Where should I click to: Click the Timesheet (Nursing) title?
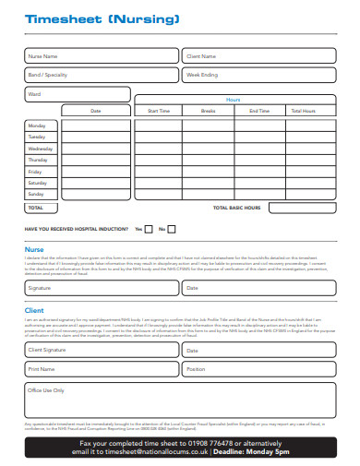click(x=89, y=18)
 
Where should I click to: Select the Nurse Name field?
click(x=101, y=56)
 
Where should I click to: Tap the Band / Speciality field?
click(x=101, y=75)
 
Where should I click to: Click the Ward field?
click(x=77, y=94)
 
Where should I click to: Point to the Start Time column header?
click(x=159, y=111)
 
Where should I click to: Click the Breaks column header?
click(x=208, y=111)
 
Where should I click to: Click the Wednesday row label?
click(x=41, y=149)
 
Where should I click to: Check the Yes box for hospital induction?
click(x=150, y=229)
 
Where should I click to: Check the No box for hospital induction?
click(x=174, y=229)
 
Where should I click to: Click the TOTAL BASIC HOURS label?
click(x=238, y=209)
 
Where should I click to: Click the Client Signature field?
click(x=101, y=351)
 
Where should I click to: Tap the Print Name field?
click(x=101, y=369)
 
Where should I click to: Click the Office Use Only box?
click(x=180, y=400)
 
